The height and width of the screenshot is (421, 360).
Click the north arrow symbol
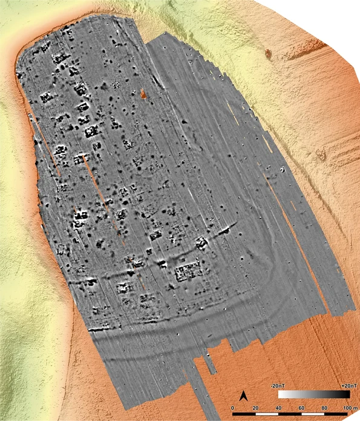tap(243, 396)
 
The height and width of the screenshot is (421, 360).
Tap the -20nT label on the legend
tap(279, 385)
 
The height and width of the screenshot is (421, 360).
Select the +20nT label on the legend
tap(341, 385)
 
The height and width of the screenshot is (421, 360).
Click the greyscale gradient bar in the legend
tap(314, 394)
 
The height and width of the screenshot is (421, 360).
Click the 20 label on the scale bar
tap(257, 408)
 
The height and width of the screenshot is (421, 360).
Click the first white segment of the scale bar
tap(246, 415)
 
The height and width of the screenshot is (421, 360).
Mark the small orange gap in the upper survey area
tap(143, 94)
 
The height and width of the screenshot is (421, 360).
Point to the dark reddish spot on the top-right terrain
tap(267, 53)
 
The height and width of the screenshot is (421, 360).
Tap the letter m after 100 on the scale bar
tap(355, 408)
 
